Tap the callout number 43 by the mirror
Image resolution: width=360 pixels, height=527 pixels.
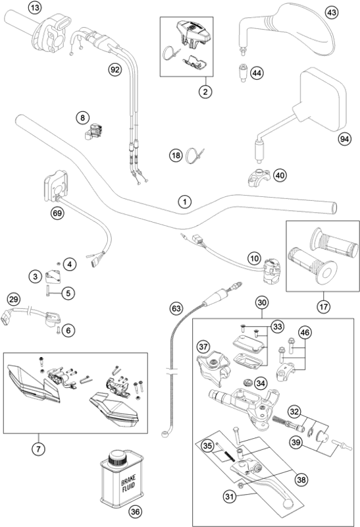[332, 13]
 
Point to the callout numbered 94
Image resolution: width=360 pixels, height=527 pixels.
[344, 138]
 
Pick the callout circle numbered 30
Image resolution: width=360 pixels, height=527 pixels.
[262, 303]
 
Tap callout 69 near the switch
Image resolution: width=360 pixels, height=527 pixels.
[59, 212]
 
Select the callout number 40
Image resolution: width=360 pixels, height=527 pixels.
[280, 175]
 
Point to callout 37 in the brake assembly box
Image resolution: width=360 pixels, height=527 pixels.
[203, 347]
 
